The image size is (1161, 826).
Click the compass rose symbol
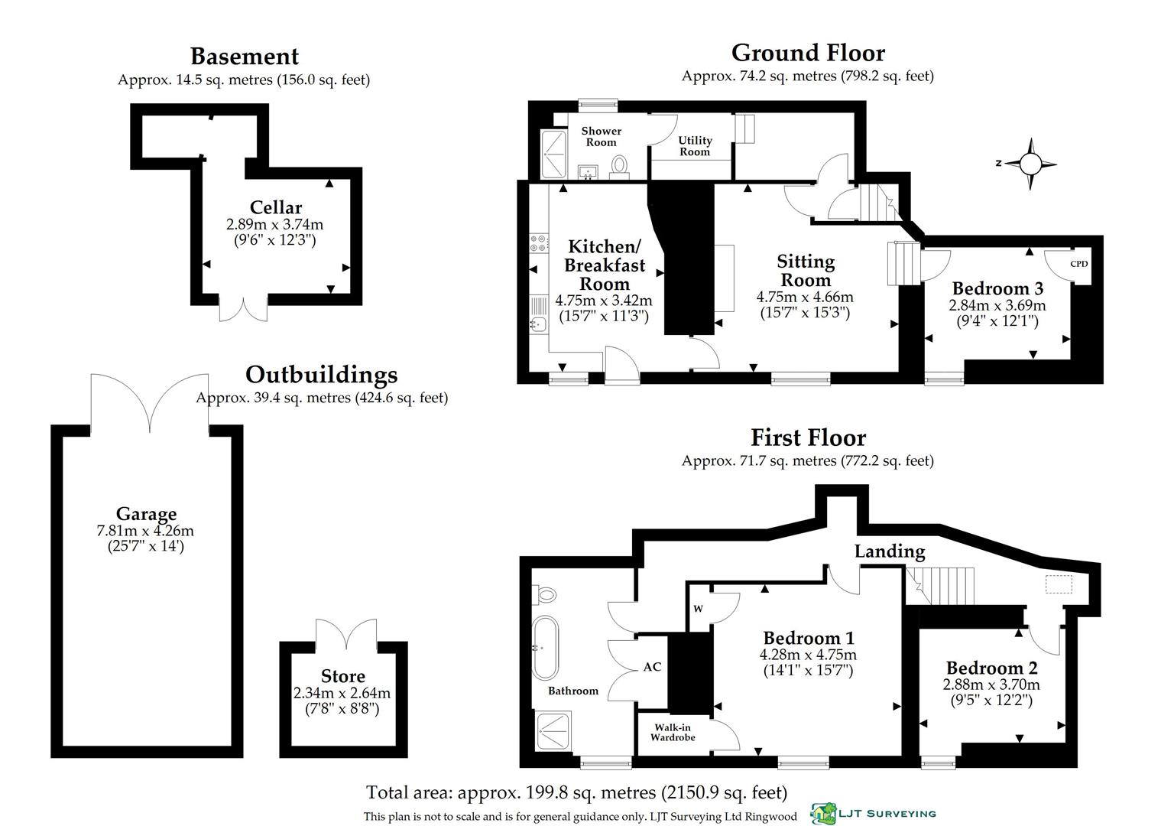coord(1030,164)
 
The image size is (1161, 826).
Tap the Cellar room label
coord(275,207)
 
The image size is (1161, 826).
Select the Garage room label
coord(146,514)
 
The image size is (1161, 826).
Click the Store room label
coord(342,676)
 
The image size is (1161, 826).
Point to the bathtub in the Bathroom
coord(545,648)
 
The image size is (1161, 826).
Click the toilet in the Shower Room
coord(620,166)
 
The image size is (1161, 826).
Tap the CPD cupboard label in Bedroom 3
coord(1078,264)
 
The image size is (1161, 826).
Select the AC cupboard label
coord(651,667)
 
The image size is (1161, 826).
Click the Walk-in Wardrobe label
coord(673,733)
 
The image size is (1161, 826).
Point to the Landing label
coord(889,551)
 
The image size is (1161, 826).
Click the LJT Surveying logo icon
coord(823,814)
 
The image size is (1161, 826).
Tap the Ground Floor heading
coord(808,53)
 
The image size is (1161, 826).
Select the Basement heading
coord(244,57)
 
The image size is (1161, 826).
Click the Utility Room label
coord(695,146)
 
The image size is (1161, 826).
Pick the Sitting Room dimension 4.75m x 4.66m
coord(805,298)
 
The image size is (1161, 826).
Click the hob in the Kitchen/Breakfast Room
coord(539,243)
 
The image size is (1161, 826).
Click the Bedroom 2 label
coord(992,668)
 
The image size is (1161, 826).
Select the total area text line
coord(576,792)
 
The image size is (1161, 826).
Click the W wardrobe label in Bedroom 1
coord(698,609)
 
